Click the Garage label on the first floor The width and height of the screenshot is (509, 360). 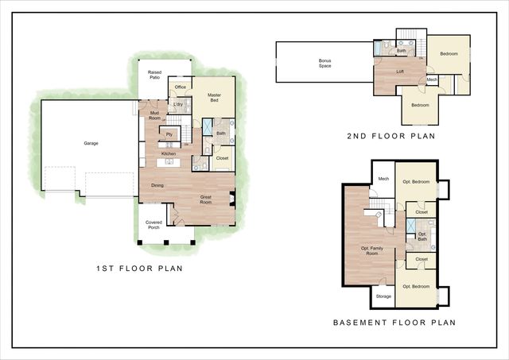click(x=91, y=144)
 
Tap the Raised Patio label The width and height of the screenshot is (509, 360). click(x=154, y=75)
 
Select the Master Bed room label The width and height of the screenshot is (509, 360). click(x=214, y=99)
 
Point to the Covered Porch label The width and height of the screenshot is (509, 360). click(x=153, y=225)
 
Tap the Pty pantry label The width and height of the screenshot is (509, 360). click(x=169, y=134)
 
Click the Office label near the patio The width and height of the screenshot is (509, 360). click(x=181, y=87)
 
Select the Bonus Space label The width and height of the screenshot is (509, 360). click(x=324, y=63)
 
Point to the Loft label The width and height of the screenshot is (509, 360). click(x=401, y=71)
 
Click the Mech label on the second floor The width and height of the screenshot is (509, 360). click(x=432, y=79)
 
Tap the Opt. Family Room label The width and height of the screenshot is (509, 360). click(x=373, y=251)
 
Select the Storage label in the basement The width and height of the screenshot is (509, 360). click(x=383, y=296)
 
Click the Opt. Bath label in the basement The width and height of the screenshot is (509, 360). click(x=422, y=236)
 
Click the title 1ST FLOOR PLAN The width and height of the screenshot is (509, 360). click(x=138, y=269)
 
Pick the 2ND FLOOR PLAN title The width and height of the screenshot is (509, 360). click(x=391, y=136)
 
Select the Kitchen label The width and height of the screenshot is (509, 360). click(x=169, y=153)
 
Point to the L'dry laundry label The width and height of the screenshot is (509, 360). click(x=179, y=104)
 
